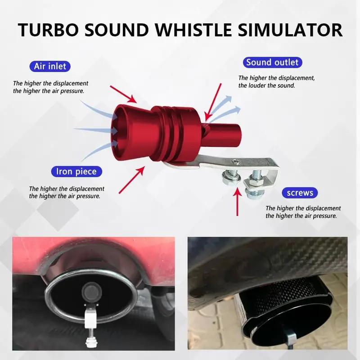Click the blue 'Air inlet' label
pyautogui.click(x=49, y=67)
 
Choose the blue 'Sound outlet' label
pyautogui.click(x=272, y=62)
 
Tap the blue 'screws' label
pyautogui.click(x=300, y=193)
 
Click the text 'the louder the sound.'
pyautogui.click(x=267, y=85)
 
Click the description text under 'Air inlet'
pyautogui.click(x=50, y=87)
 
